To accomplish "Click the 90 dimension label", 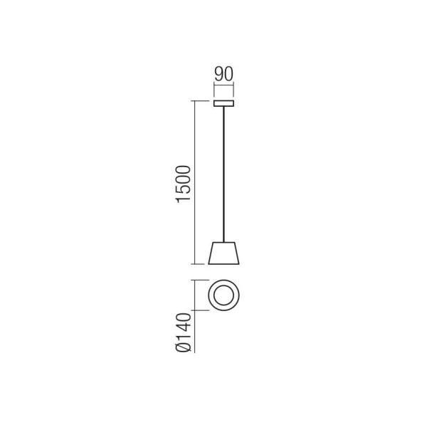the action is tap(224, 74).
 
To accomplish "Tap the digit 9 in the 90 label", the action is tap(219, 74).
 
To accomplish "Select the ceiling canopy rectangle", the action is tap(224, 103).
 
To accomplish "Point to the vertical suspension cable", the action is tap(224, 174).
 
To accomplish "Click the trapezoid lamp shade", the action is tap(224, 253).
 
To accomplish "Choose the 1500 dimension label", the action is tap(184, 184).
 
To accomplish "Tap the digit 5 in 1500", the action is tap(184, 189).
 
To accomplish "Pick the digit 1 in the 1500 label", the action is tap(184, 199).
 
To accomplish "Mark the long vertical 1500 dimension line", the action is tap(194, 182).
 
